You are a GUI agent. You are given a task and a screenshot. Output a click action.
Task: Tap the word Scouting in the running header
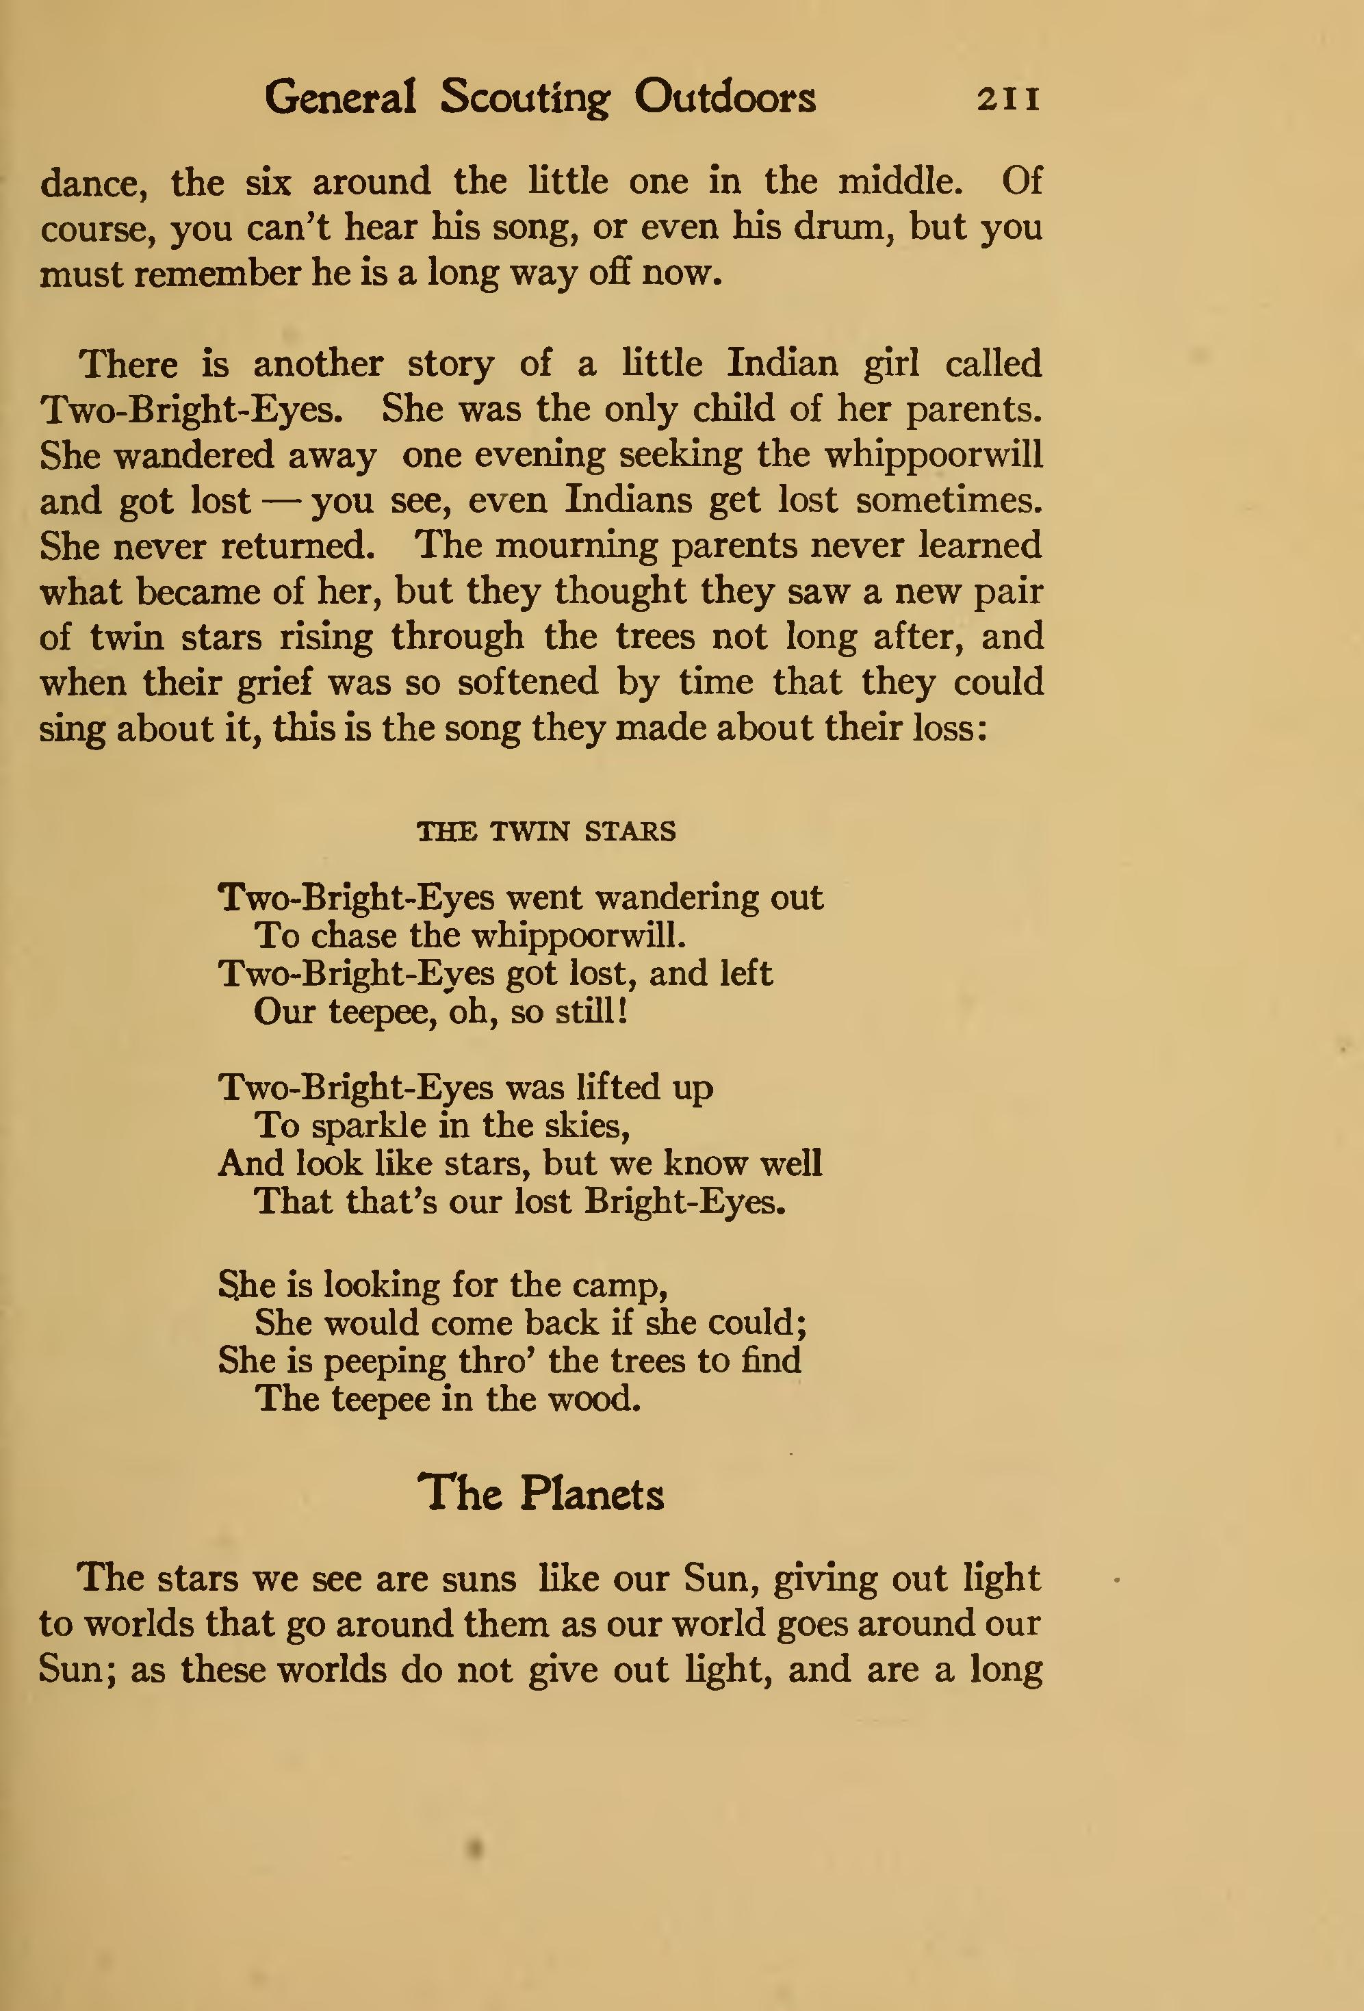[x=524, y=98]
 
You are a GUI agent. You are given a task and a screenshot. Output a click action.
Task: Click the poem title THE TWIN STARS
[x=546, y=832]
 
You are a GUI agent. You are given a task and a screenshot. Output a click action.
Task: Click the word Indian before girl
[x=782, y=363]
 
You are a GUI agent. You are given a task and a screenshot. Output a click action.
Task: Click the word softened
[x=528, y=682]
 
